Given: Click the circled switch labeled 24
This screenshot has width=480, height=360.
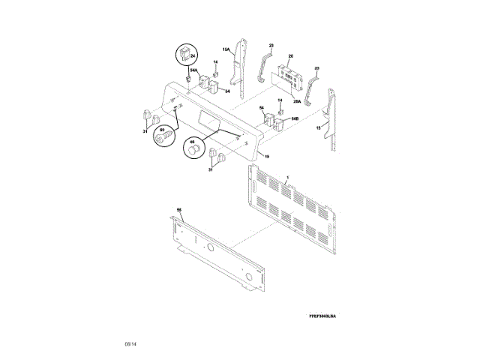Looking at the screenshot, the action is (x=184, y=55).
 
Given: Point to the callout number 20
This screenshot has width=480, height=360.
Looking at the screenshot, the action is (x=291, y=56).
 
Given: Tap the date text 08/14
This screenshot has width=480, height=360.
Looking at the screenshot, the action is (x=130, y=343).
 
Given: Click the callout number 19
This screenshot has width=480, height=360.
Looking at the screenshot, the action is (x=265, y=157).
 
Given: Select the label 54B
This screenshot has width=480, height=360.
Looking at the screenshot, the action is (x=295, y=118).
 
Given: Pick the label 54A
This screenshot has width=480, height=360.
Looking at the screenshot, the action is (x=193, y=71).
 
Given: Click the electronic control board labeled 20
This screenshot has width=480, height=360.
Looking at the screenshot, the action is (x=288, y=76).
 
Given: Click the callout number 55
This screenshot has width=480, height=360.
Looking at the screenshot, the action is (x=178, y=211).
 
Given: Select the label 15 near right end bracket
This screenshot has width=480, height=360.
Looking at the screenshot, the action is (x=318, y=129).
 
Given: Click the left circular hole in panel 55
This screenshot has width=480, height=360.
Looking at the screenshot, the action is (x=211, y=248).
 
